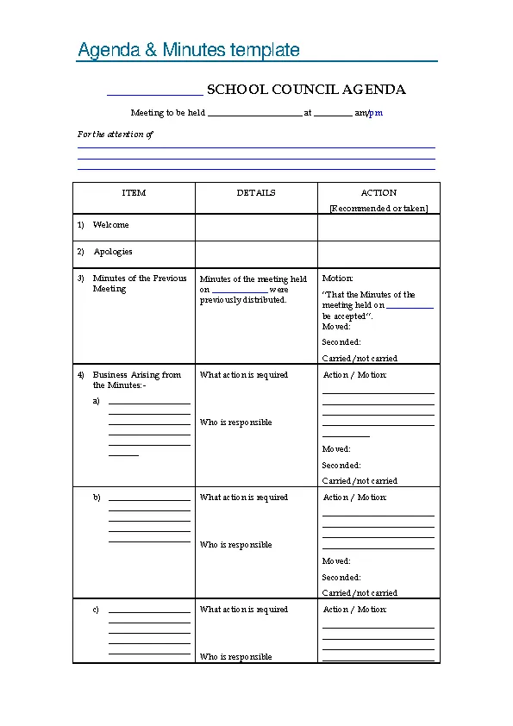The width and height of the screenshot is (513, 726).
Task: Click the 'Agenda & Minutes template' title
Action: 189,50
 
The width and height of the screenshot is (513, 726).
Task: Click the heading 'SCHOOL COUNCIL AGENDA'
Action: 306,90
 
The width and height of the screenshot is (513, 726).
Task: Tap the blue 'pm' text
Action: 376,113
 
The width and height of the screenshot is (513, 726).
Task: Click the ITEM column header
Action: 134,193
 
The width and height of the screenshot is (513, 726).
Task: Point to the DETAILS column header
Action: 256,193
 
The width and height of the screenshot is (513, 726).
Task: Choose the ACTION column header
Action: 378,193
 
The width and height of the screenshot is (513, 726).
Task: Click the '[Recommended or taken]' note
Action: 378,209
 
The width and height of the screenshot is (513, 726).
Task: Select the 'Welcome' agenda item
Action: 111,225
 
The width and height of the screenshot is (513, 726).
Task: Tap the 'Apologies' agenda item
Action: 113,252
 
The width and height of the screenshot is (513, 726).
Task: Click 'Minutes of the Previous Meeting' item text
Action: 140,284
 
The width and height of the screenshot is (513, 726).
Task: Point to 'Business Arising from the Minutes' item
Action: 137,380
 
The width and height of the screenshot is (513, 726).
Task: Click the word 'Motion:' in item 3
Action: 338,279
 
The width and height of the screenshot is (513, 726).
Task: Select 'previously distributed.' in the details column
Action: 243,300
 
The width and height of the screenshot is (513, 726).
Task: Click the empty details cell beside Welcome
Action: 256,227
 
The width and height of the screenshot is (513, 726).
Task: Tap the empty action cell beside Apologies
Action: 378,253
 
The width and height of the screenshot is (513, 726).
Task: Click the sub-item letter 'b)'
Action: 97,498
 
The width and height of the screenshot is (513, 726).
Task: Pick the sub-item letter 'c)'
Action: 97,610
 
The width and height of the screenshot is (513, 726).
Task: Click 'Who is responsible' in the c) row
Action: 236,657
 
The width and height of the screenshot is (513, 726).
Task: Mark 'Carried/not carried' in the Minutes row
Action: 360,359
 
